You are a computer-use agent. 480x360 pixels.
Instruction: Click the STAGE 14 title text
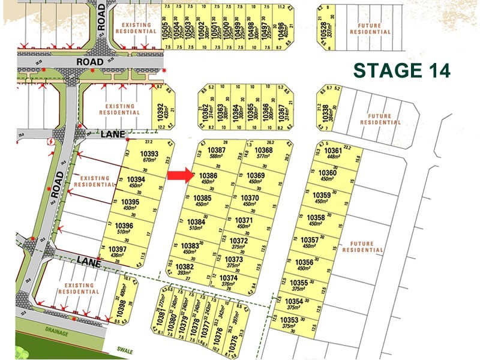pyautogui.click(x=401, y=70)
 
